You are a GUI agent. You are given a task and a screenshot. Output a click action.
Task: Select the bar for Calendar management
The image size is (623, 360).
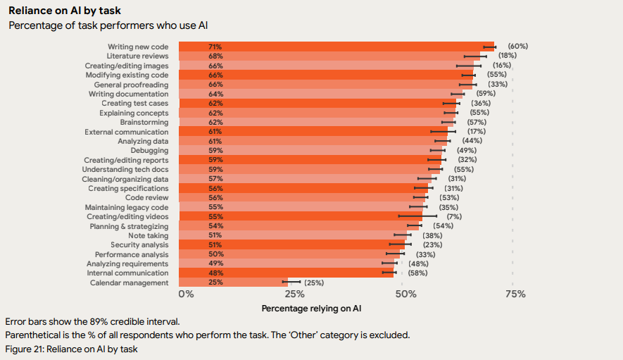coord(232,283)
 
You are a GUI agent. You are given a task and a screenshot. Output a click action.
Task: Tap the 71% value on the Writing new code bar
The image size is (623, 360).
coord(215,46)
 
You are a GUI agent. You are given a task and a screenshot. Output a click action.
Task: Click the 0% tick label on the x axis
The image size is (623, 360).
coord(186,294)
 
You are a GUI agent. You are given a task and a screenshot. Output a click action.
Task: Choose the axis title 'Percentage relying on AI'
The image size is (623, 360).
coord(311,308)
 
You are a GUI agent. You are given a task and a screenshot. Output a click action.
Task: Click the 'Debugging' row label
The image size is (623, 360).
coord(149,150)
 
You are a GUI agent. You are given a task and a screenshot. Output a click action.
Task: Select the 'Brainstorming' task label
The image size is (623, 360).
coord(144,122)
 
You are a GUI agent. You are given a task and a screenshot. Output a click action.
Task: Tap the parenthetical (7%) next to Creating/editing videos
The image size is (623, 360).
coord(453,216)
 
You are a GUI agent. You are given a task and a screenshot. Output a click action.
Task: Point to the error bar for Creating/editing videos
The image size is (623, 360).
coord(417,216)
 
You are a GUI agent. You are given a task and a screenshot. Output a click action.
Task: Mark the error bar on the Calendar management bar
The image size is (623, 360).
coord(291,282)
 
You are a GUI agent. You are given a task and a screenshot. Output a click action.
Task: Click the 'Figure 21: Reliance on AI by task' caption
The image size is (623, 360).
coord(71,349)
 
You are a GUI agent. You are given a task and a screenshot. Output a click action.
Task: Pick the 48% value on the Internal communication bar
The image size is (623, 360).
coord(215,273)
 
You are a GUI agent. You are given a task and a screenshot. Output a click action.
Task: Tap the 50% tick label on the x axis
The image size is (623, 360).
coord(405,294)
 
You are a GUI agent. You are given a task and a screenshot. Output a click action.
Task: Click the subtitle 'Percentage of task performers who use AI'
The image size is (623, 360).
coord(107,25)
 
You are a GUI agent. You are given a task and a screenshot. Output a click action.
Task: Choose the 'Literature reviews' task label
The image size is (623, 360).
coord(137,56)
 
